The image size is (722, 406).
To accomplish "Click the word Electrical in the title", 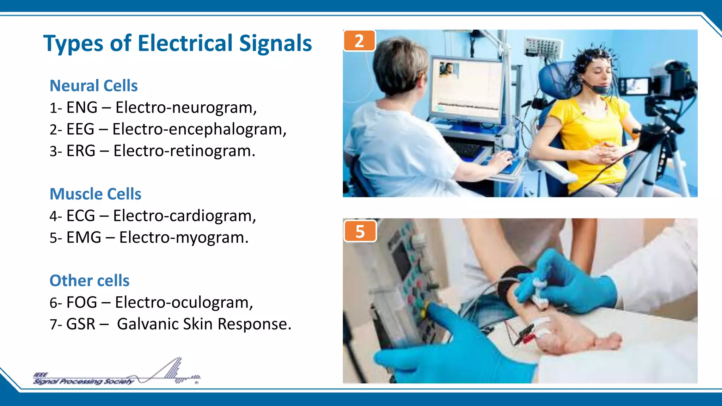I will [x=185, y=43].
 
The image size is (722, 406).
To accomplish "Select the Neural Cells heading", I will [x=93, y=86].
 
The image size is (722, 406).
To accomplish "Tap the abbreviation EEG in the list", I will [x=80, y=129].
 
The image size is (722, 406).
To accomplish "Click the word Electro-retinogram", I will [x=184, y=151].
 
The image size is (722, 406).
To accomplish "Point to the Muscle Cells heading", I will [x=95, y=194].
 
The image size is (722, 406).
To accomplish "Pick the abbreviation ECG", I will [x=81, y=216].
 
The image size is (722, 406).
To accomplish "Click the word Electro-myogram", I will [x=184, y=238].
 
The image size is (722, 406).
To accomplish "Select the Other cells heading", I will [x=90, y=281].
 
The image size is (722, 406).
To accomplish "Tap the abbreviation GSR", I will [x=81, y=324].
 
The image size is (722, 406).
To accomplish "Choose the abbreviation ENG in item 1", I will [x=82, y=107].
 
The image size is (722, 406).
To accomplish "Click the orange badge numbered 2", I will [x=359, y=41].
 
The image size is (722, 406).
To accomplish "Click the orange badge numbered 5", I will [x=360, y=232].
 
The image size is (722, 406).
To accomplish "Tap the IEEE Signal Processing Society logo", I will [x=116, y=374].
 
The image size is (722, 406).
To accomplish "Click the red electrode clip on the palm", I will [x=529, y=339].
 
